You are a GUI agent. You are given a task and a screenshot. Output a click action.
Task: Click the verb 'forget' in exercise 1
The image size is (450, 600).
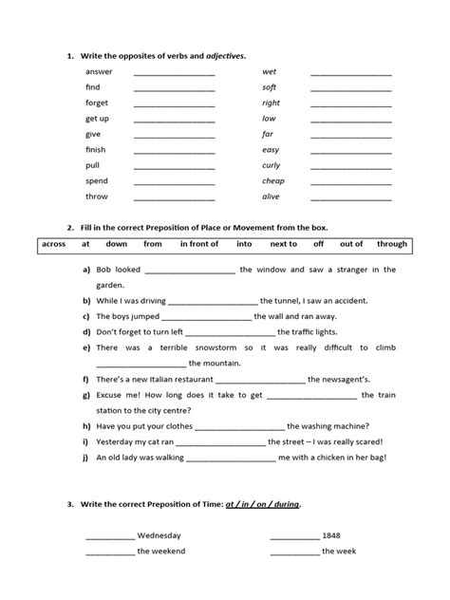[x=97, y=103]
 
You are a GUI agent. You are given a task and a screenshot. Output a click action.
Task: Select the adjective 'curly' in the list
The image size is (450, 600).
[x=272, y=164]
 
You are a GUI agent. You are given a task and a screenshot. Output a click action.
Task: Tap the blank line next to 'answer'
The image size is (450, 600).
[x=175, y=73]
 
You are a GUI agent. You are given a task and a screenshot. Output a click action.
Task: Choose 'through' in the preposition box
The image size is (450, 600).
[x=391, y=244]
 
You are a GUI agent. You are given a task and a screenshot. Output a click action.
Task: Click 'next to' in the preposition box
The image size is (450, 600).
[x=280, y=244]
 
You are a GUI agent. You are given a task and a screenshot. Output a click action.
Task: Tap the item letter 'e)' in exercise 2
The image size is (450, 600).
[x=86, y=347]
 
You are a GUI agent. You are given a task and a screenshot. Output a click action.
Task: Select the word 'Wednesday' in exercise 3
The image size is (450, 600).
[x=159, y=534]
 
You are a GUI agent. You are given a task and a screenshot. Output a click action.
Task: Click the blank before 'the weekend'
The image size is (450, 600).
[x=109, y=552]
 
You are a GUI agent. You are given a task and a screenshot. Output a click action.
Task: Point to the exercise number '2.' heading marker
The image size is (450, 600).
[x=70, y=228]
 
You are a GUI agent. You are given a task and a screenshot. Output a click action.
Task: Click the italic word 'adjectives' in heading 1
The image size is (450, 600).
[x=226, y=56]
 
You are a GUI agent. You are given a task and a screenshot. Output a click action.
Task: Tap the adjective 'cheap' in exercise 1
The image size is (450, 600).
[x=273, y=180]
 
